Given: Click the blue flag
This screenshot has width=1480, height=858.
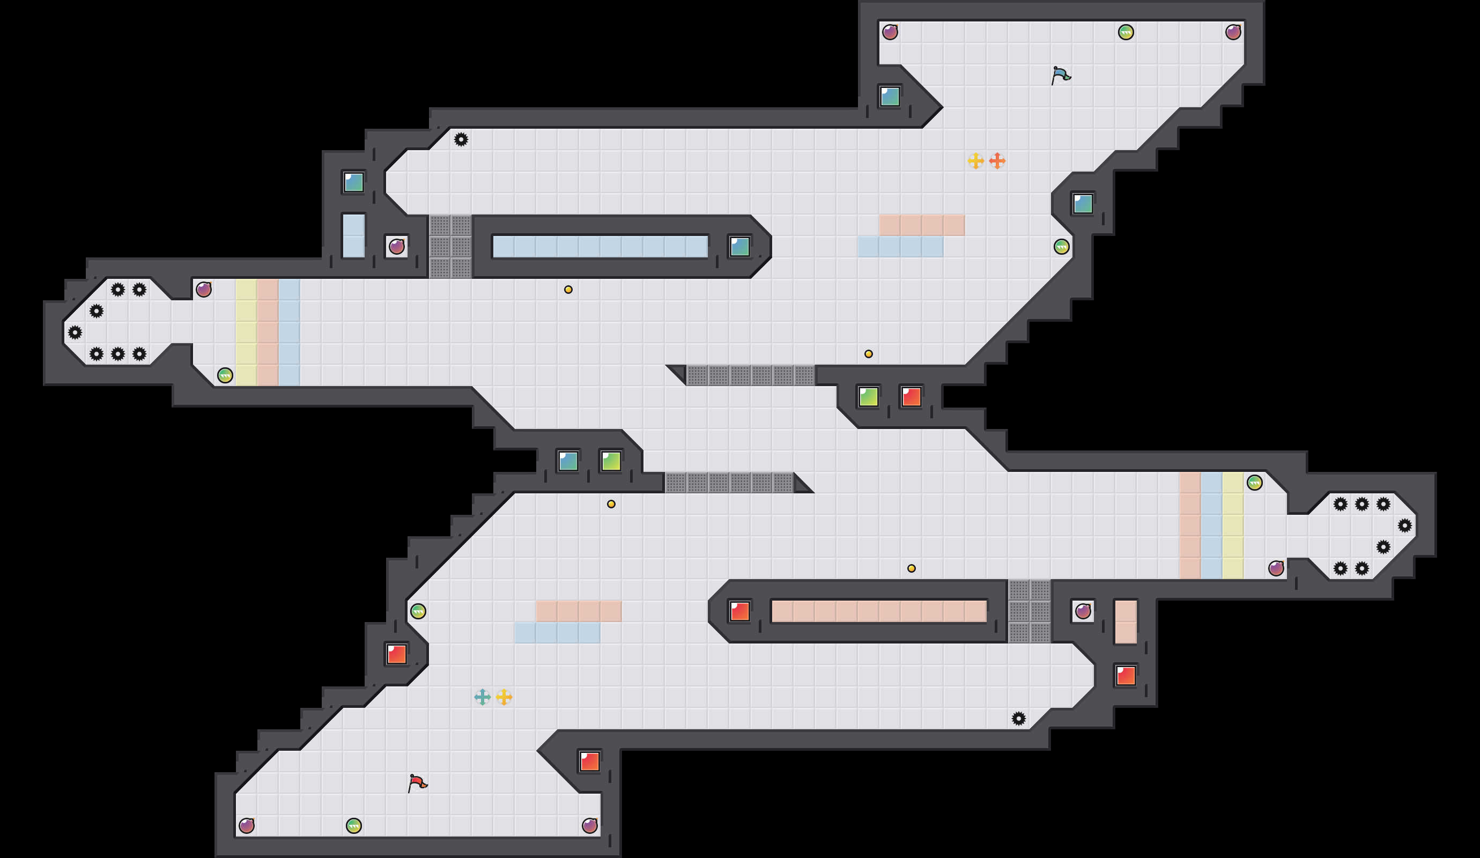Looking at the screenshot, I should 1061,75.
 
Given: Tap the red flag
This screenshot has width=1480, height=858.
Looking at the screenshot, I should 417,783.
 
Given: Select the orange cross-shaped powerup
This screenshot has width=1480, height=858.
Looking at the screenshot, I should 997,160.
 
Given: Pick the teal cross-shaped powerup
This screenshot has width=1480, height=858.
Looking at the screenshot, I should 482,697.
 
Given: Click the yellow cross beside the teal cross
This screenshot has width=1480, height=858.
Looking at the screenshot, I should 504,697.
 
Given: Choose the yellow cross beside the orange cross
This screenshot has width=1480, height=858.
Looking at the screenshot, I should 975,160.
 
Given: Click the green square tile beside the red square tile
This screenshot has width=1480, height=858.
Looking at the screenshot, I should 868,396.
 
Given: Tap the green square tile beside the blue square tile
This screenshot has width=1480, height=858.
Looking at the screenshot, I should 611,461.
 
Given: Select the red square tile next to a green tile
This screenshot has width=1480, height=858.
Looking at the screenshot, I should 911,396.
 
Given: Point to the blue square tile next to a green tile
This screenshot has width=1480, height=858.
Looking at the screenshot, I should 568,461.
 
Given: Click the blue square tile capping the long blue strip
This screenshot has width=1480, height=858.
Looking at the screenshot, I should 739,247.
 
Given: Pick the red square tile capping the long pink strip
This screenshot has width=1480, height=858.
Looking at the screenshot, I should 739,611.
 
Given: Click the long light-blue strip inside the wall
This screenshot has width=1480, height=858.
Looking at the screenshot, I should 600,247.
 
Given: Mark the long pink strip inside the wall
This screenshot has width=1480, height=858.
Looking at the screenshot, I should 878,611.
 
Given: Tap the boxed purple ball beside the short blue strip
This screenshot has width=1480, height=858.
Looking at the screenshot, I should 396,247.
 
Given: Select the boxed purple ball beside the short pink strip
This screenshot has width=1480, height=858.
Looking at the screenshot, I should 1083,611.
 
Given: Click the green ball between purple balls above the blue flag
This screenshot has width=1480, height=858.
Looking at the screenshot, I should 1125,32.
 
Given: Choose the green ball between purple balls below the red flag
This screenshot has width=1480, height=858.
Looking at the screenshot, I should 353,826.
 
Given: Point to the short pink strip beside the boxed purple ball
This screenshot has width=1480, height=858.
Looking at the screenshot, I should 1125,622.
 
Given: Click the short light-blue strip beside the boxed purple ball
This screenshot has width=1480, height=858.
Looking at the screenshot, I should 353,235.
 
